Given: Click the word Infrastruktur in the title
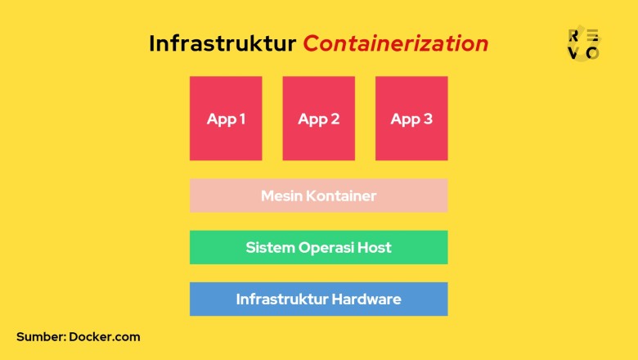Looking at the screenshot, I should (222, 43).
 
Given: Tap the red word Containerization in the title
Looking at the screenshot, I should (396, 43).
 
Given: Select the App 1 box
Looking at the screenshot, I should (226, 119).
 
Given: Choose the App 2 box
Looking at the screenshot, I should (319, 119).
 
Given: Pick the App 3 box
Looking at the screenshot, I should (411, 119).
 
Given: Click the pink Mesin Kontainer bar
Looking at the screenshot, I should (319, 196).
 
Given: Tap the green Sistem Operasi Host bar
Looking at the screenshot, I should (319, 247).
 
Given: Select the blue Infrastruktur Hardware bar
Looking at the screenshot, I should (319, 299).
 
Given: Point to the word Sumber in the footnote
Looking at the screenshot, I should (40, 336).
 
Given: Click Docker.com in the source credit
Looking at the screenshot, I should (105, 336).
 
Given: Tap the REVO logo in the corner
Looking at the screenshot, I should (583, 43).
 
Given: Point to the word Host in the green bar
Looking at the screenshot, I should (373, 247).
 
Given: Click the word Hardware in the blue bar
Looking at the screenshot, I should (366, 299).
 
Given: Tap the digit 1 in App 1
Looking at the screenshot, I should (242, 119).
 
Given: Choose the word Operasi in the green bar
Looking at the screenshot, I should (322, 248).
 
